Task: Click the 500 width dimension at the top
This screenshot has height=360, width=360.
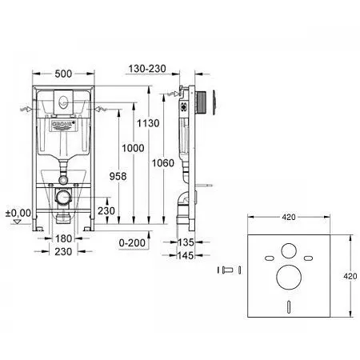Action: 66,73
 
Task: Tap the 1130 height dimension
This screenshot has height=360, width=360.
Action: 159,123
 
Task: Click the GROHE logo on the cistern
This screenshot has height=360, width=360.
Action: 65,125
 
